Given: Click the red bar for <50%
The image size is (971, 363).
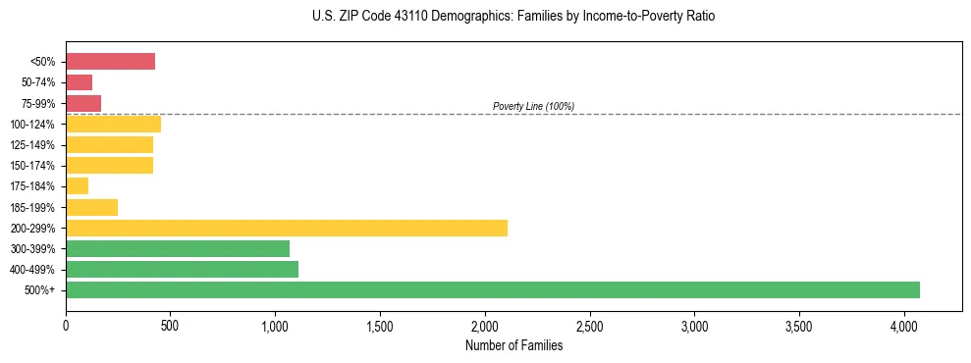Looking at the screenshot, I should coord(110,62).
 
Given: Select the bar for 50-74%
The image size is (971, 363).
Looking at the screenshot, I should coord(79,82).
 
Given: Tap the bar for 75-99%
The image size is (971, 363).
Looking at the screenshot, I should coord(83,103).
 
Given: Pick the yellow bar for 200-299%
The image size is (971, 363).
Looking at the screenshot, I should coord(287,228).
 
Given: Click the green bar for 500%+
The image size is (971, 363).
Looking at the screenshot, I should coord(493,289).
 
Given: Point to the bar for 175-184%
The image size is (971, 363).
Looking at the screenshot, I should coord(77,186).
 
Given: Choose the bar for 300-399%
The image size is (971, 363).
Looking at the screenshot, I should coord(178,248).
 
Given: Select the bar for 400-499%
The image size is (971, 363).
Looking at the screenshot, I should coord(182,269).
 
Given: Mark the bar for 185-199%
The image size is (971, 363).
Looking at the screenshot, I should coord(91,207).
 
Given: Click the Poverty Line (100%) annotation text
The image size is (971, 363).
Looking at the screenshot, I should coord(533,106).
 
